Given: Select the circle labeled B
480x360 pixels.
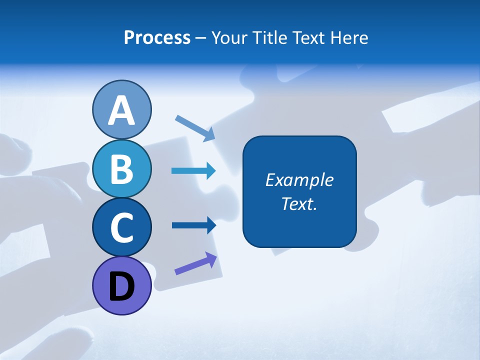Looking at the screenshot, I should coord(121,168).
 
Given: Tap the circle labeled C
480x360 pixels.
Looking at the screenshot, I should coord(121,227).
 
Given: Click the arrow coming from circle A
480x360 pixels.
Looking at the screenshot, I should coord(195,128).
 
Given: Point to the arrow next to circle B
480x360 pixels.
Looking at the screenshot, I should coord(193,171).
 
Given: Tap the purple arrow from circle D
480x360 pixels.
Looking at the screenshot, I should coord(196,263).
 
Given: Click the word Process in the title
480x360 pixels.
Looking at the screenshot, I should coord(157,38).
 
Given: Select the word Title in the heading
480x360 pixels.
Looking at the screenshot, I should coord(268,38).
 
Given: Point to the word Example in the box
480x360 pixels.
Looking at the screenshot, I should coord(299,180).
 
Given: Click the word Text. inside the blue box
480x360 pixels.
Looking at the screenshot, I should coord(299,203).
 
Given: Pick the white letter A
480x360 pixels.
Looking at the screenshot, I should coord(121,110).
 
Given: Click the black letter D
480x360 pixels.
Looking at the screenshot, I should coord(121,287).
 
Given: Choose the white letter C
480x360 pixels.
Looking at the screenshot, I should coord(121,227).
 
